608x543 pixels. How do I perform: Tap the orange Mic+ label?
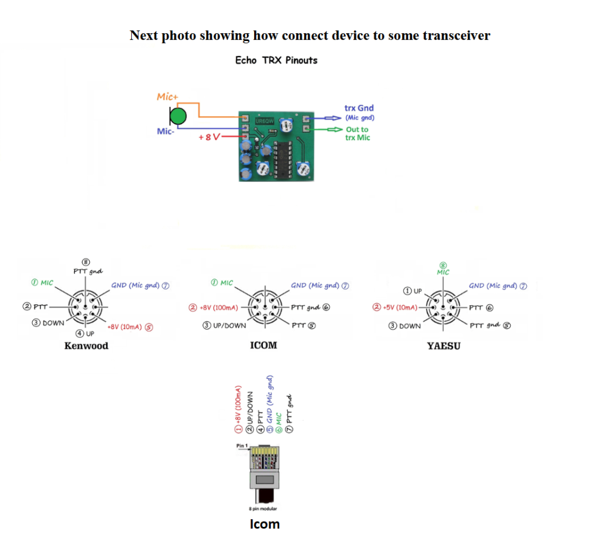pyautogui.click(x=168, y=96)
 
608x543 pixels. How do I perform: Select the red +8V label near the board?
pyautogui.click(x=209, y=137)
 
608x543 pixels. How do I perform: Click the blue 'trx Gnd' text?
pyautogui.click(x=359, y=109)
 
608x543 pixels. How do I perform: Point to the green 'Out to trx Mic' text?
pyautogui.click(x=357, y=133)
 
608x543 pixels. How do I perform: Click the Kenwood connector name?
pyautogui.click(x=86, y=346)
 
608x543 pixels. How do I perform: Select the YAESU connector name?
pyautogui.click(x=444, y=346)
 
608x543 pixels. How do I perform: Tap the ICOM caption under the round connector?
pyautogui.click(x=263, y=345)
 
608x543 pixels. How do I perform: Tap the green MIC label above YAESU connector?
pyautogui.click(x=443, y=272)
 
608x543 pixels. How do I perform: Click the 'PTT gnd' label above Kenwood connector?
pyautogui.click(x=87, y=271)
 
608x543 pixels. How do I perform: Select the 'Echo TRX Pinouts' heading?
pyautogui.click(x=276, y=60)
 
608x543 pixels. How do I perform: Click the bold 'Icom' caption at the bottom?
pyautogui.click(x=264, y=524)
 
